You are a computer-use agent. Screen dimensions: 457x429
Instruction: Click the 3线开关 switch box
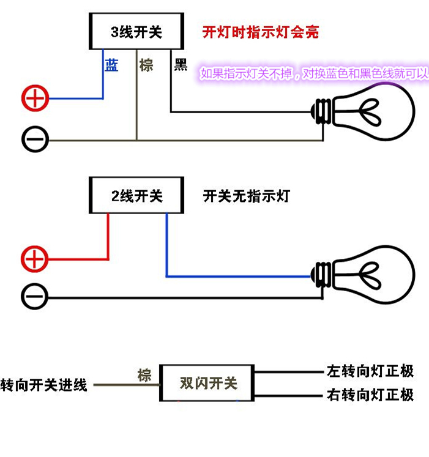pos(136,32)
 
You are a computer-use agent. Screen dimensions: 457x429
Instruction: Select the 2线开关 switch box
pos(136,196)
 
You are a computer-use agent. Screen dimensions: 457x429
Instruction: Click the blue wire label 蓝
pos(111,65)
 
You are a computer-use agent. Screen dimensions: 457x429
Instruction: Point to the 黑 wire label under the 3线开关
pos(181,65)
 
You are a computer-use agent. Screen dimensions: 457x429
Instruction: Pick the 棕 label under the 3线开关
pos(146,65)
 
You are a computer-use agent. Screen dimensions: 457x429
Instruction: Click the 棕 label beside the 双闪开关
pos(144,374)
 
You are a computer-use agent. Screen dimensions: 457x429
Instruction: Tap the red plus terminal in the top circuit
pos(35,98)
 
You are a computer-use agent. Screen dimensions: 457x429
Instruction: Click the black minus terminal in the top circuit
pos(35,139)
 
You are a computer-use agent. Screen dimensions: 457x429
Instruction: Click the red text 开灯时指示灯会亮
pos(261,32)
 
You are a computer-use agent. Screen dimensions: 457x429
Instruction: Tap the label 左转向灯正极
pos(370,371)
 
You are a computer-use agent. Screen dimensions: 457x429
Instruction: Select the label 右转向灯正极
pos(370,395)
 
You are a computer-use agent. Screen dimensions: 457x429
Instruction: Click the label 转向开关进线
pos(44,385)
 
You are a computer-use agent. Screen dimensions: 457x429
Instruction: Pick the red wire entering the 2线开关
pos(108,239)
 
